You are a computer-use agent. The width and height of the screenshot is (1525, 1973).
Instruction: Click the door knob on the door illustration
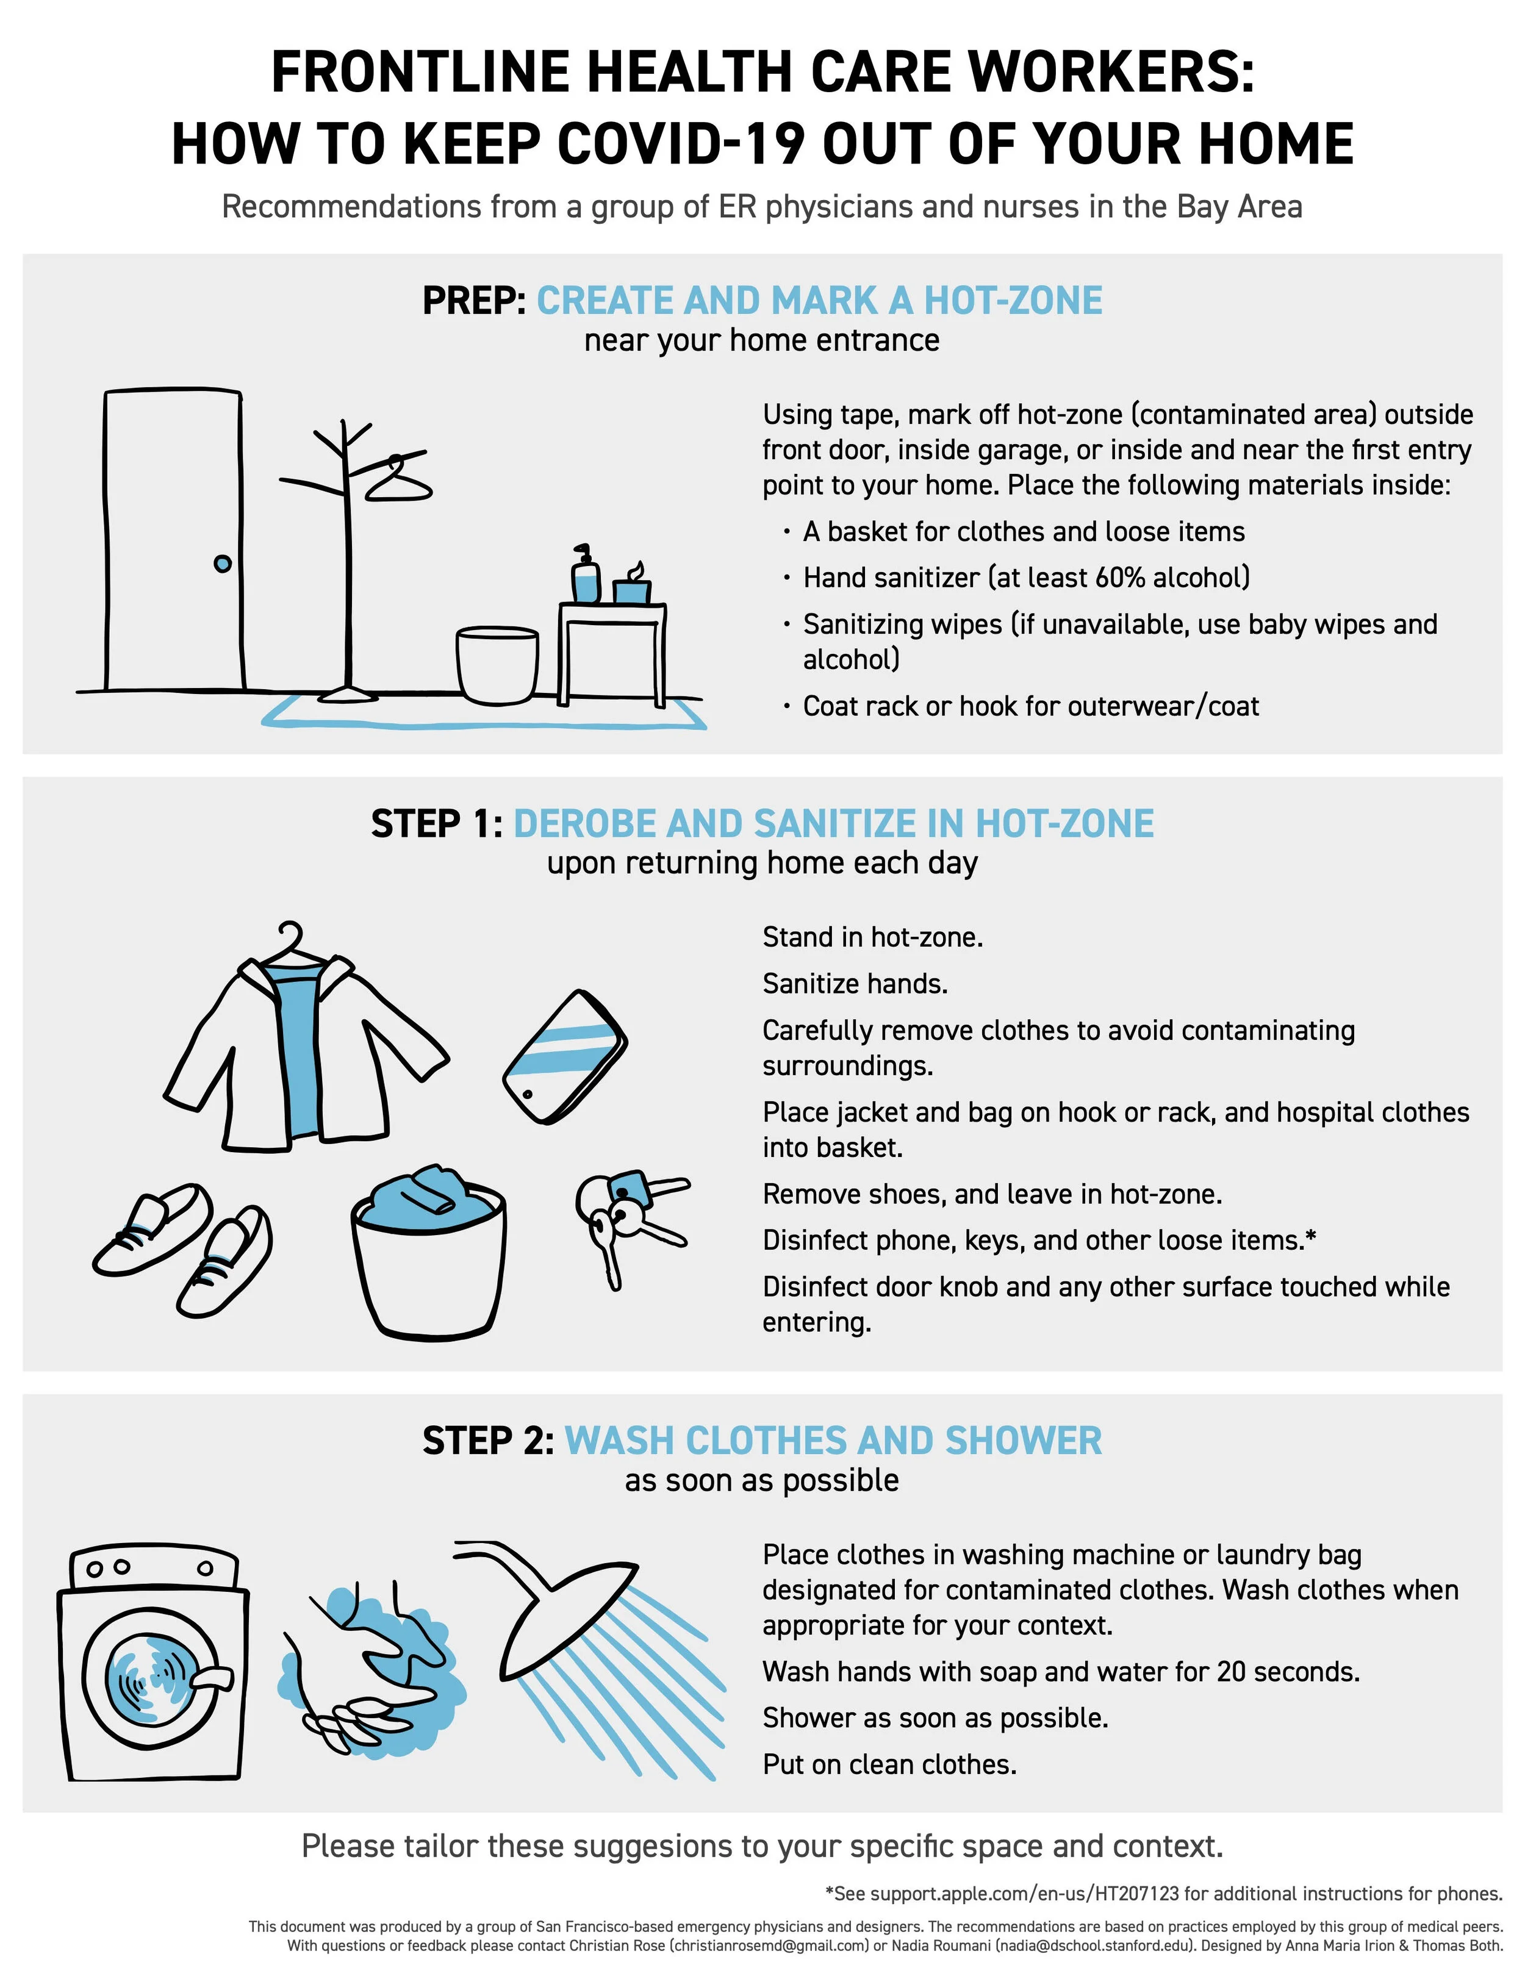(222, 564)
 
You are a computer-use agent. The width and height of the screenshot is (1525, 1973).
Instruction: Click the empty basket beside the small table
(497, 665)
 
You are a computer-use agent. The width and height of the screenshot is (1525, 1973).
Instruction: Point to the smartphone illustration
(565, 1057)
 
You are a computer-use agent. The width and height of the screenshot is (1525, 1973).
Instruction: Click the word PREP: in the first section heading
(475, 301)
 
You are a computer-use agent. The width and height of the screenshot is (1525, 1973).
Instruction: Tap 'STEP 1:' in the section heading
(436, 824)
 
